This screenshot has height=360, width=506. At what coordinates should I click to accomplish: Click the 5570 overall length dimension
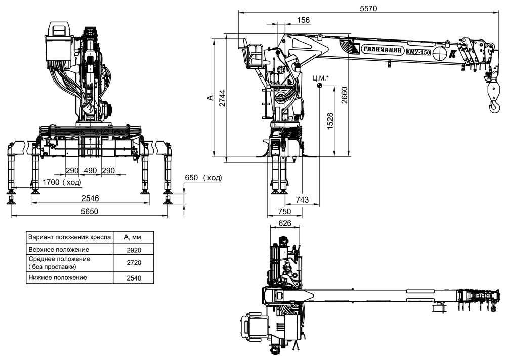pos(368,8)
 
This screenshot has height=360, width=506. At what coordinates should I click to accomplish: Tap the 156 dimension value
pos(303,20)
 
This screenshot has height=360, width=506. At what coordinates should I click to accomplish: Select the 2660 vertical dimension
pos(344,95)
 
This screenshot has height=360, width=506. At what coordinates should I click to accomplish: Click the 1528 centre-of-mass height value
pos(330,121)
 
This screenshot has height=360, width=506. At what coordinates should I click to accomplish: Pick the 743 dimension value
pos(302,200)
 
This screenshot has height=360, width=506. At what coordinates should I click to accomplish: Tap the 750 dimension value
pos(284,212)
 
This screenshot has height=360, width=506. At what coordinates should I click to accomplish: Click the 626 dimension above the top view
pos(284,223)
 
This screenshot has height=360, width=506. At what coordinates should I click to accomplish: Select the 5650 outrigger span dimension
pos(89,212)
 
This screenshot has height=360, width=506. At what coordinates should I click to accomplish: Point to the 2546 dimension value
pos(90,198)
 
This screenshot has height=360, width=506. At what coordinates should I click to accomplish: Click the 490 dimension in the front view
pos(90,170)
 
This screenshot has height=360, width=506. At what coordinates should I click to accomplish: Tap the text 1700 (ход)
pos(62,182)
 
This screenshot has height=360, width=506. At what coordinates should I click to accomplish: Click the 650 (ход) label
pos(203,178)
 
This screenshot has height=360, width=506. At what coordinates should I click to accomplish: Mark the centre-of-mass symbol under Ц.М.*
pos(319,85)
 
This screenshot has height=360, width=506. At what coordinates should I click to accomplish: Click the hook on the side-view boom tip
pos(494,106)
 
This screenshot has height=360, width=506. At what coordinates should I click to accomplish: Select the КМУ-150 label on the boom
pos(418,51)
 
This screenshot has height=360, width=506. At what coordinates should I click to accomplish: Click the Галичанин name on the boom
pos(383,50)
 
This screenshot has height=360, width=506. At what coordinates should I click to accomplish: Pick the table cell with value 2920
pos(134,250)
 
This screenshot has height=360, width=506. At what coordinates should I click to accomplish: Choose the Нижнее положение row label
pos(58,277)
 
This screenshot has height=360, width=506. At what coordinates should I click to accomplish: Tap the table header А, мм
pos(133,237)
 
